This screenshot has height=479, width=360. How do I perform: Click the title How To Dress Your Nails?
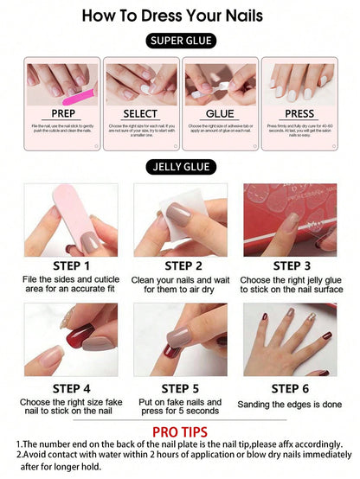click(180, 16)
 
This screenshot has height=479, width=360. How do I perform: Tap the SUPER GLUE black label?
click(180, 41)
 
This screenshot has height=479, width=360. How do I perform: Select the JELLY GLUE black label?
click(180, 167)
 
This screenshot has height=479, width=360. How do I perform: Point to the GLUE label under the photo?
click(220, 113)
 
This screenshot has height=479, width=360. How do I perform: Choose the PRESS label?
click(299, 113)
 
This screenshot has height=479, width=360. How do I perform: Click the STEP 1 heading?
click(71, 265)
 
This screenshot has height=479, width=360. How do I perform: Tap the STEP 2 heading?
click(181, 265)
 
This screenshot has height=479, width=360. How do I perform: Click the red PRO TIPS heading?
click(180, 431)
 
